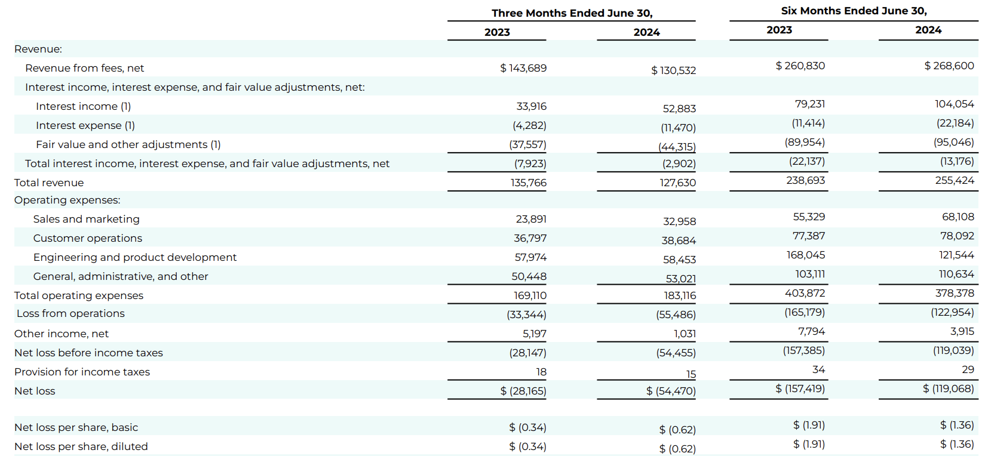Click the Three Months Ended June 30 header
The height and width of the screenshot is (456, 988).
[572, 13]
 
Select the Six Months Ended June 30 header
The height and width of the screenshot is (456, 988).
[854, 11]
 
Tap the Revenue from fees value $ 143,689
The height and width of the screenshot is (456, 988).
[523, 68]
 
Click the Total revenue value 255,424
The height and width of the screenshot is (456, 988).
[955, 180]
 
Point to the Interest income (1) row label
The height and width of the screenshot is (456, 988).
[83, 106]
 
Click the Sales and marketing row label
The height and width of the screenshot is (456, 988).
[86, 219]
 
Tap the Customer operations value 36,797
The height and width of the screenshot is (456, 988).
[530, 238]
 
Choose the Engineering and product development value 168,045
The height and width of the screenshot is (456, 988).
[805, 255]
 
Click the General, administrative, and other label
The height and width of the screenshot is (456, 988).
[121, 276]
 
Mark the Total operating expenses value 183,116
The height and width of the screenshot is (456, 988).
[680, 295]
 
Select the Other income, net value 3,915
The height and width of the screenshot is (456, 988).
[962, 331]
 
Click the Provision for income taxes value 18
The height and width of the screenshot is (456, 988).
[541, 372]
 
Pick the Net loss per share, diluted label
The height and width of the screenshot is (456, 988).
[81, 446]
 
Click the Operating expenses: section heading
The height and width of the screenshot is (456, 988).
[67, 200]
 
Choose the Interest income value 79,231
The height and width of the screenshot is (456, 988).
[809, 104]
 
